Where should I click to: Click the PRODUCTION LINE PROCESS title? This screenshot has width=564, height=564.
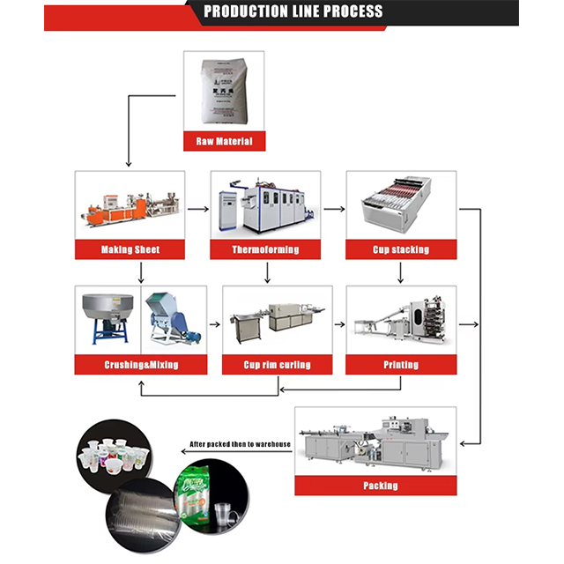293,12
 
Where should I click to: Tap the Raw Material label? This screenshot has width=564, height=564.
223,141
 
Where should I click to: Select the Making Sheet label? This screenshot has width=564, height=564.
130,250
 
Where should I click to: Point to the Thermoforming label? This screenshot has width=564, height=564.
265,250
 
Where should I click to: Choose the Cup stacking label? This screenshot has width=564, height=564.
401,250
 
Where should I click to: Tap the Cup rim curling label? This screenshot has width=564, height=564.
277,365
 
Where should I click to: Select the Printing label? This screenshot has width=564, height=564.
401,365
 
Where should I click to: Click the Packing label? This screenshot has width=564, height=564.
381,486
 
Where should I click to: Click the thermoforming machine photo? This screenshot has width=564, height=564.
265,206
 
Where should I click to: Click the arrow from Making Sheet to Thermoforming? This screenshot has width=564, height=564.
198,210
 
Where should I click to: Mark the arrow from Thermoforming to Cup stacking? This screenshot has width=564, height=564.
333,210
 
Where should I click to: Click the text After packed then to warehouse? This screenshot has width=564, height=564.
241,443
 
